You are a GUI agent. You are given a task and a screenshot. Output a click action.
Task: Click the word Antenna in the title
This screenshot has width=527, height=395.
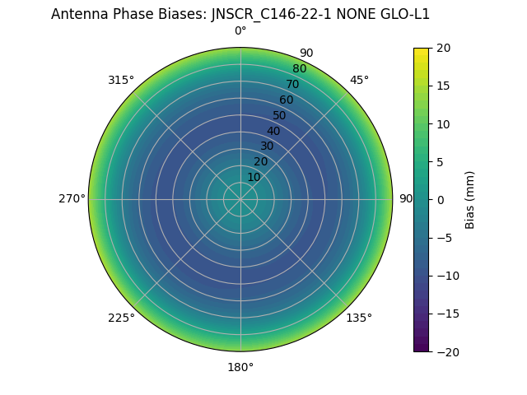(x=80, y=14)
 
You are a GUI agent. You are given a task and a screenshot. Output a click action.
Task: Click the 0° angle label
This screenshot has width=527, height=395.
(x=240, y=31)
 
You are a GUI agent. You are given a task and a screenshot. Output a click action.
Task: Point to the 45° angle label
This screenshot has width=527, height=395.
(x=359, y=80)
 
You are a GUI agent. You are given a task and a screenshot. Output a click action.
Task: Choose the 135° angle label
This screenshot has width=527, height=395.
(x=359, y=318)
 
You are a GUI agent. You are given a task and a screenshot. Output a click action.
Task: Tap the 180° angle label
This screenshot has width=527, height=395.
(x=240, y=367)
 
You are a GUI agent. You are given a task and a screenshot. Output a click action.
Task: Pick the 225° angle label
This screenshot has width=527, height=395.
(x=121, y=318)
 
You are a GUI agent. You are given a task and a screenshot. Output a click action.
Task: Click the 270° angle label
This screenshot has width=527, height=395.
(x=72, y=199)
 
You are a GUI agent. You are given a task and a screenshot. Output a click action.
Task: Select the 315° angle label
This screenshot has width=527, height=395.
(x=121, y=80)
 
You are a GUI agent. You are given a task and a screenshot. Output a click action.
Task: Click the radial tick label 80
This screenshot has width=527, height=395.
(x=299, y=69)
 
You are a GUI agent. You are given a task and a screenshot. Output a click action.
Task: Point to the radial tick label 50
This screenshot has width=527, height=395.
(x=280, y=115)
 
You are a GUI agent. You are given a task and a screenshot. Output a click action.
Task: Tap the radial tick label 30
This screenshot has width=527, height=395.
(x=267, y=146)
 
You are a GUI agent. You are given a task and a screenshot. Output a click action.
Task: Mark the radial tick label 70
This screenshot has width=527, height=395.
(x=292, y=85)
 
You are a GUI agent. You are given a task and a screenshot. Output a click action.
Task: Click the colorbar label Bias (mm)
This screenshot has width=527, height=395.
(x=470, y=200)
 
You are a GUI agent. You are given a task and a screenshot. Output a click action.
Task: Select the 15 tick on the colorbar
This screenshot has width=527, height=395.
(x=443, y=86)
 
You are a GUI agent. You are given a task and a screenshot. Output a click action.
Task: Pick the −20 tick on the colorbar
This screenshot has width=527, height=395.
(x=445, y=351)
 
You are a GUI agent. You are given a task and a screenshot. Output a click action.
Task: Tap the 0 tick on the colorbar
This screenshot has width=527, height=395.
(x=440, y=200)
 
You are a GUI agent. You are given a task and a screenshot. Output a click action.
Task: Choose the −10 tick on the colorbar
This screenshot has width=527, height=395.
(x=445, y=276)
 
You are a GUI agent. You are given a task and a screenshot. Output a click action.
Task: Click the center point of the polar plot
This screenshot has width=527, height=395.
(x=240, y=199)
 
